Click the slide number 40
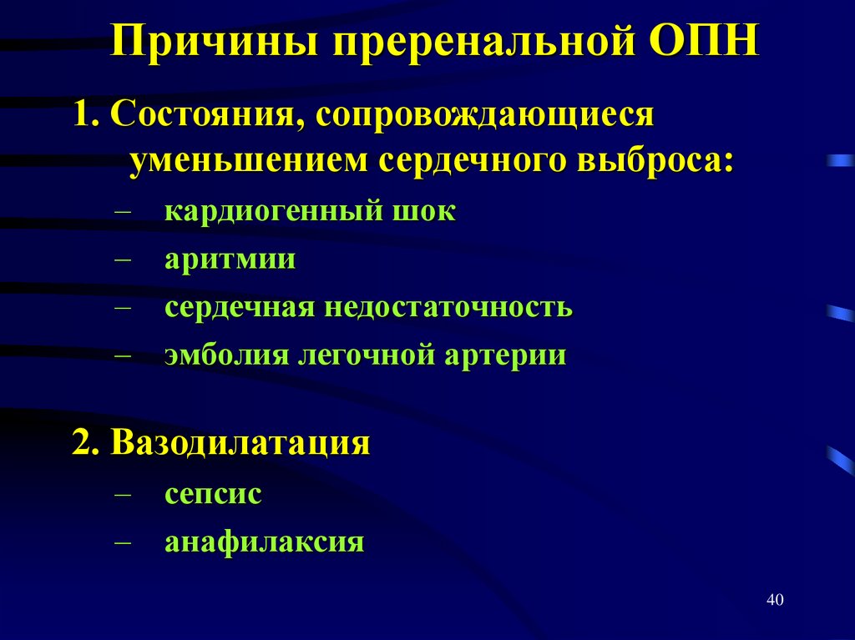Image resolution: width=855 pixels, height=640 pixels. coord(774,600)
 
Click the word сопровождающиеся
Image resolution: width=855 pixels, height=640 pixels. coord(483,114)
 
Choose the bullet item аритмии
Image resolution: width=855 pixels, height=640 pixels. coord(230,259)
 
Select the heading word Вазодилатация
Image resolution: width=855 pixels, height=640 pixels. coord(242,441)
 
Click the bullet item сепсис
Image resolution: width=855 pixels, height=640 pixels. coord(213,494)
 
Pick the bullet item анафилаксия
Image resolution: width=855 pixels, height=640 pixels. coord(264,542)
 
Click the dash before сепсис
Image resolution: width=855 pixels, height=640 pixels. coord(123,494)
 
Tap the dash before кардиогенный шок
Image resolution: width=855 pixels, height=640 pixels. coord(123,210)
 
